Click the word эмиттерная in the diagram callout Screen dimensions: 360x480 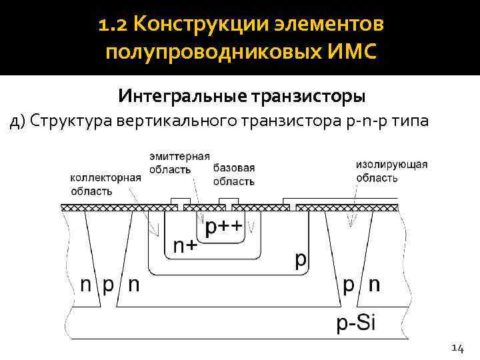point(179,155)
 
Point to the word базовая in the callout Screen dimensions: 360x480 point(234,168)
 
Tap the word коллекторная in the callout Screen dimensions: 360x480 point(105,178)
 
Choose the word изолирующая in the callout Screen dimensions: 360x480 point(392,164)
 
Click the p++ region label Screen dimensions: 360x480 point(224,228)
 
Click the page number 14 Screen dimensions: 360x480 point(457,347)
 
